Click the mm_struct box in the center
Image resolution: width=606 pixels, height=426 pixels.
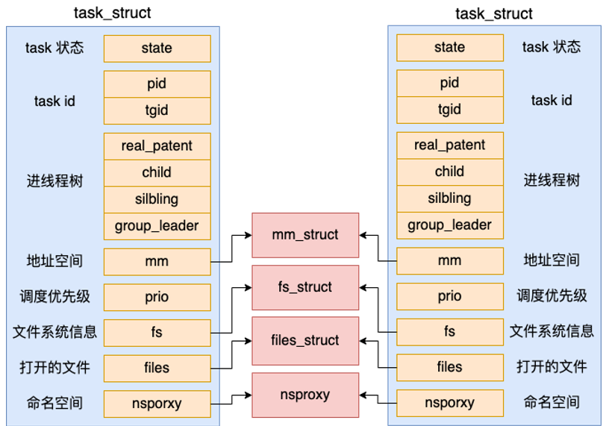[305, 235]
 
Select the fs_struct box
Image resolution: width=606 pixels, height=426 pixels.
[305, 287]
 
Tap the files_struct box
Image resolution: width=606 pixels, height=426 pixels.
[305, 341]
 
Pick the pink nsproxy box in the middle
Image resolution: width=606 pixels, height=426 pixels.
[305, 395]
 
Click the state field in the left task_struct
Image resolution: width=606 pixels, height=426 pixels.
[157, 48]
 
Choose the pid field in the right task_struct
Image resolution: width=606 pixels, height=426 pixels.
[450, 83]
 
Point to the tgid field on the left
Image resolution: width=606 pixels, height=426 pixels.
[157, 111]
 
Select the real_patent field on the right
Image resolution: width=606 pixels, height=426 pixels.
[450, 145]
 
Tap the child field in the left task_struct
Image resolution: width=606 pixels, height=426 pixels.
[157, 173]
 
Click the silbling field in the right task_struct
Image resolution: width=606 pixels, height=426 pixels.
[450, 198]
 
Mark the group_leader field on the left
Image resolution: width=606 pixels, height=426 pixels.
[157, 226]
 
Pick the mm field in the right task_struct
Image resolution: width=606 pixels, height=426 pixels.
[450, 261]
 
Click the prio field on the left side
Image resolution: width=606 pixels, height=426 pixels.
[157, 298]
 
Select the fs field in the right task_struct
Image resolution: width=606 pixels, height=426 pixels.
[450, 332]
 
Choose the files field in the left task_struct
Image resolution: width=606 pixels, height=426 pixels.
[157, 369]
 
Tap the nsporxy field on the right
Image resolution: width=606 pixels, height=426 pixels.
[450, 403]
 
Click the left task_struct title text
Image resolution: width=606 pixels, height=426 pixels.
[113, 13]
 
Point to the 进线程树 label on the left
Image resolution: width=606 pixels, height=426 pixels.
[54, 181]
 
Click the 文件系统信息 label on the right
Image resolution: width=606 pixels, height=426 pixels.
[552, 331]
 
